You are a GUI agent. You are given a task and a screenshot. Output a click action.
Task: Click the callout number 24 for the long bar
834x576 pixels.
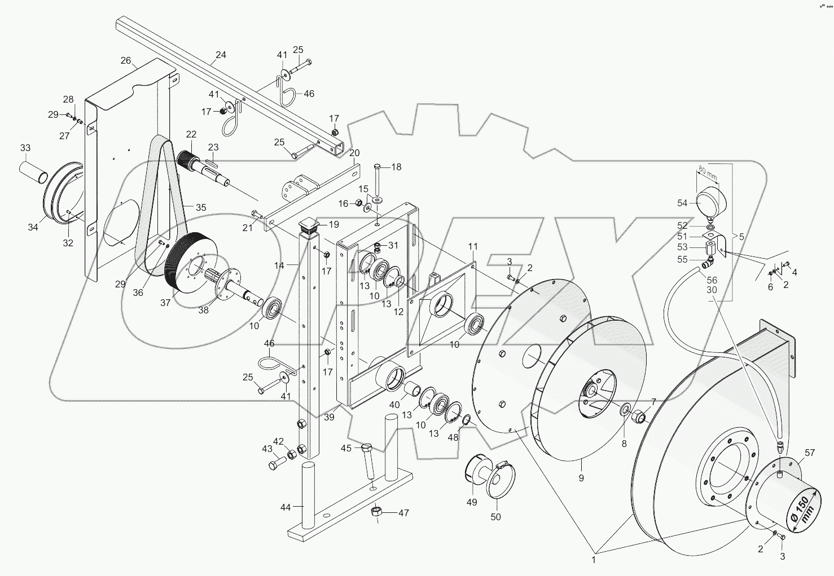(221, 55)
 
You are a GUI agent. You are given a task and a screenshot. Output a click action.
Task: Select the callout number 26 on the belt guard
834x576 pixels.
(125, 60)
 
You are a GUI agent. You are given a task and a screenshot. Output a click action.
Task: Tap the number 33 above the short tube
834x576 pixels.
(25, 148)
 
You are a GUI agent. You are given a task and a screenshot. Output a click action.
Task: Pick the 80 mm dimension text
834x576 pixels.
(708, 171)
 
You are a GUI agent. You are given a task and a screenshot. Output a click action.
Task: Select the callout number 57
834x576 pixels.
(810, 453)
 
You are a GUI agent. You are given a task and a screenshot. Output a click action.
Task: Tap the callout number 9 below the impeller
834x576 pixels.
(581, 478)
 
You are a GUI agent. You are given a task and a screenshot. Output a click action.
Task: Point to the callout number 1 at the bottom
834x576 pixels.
(593, 561)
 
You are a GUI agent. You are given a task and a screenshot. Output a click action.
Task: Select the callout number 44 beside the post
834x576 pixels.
(286, 507)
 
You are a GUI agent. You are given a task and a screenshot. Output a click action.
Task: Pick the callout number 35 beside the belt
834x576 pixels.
(201, 207)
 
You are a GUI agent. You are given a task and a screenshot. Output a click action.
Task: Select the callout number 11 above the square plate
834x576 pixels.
(472, 246)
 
